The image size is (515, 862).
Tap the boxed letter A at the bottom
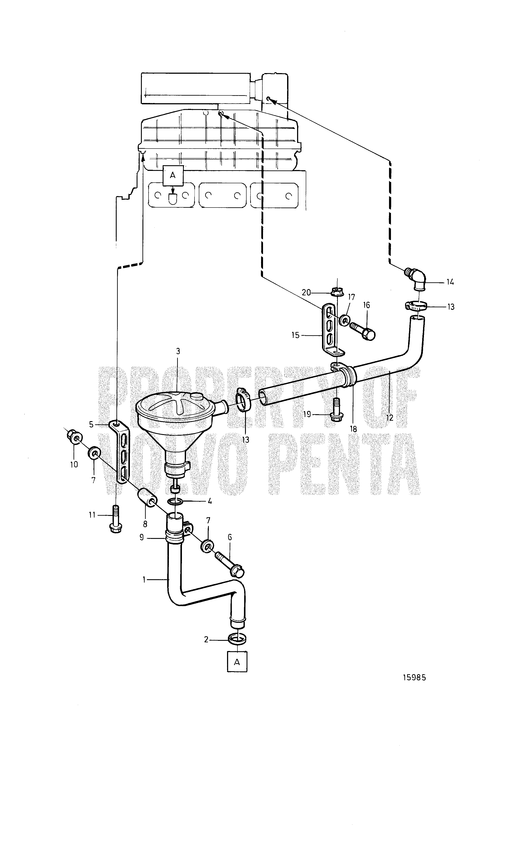pyautogui.click(x=237, y=662)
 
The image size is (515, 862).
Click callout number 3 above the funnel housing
pyautogui.click(x=178, y=351)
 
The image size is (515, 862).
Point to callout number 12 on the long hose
pyautogui.click(x=390, y=417)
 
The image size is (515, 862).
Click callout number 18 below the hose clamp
pyautogui.click(x=353, y=429)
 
